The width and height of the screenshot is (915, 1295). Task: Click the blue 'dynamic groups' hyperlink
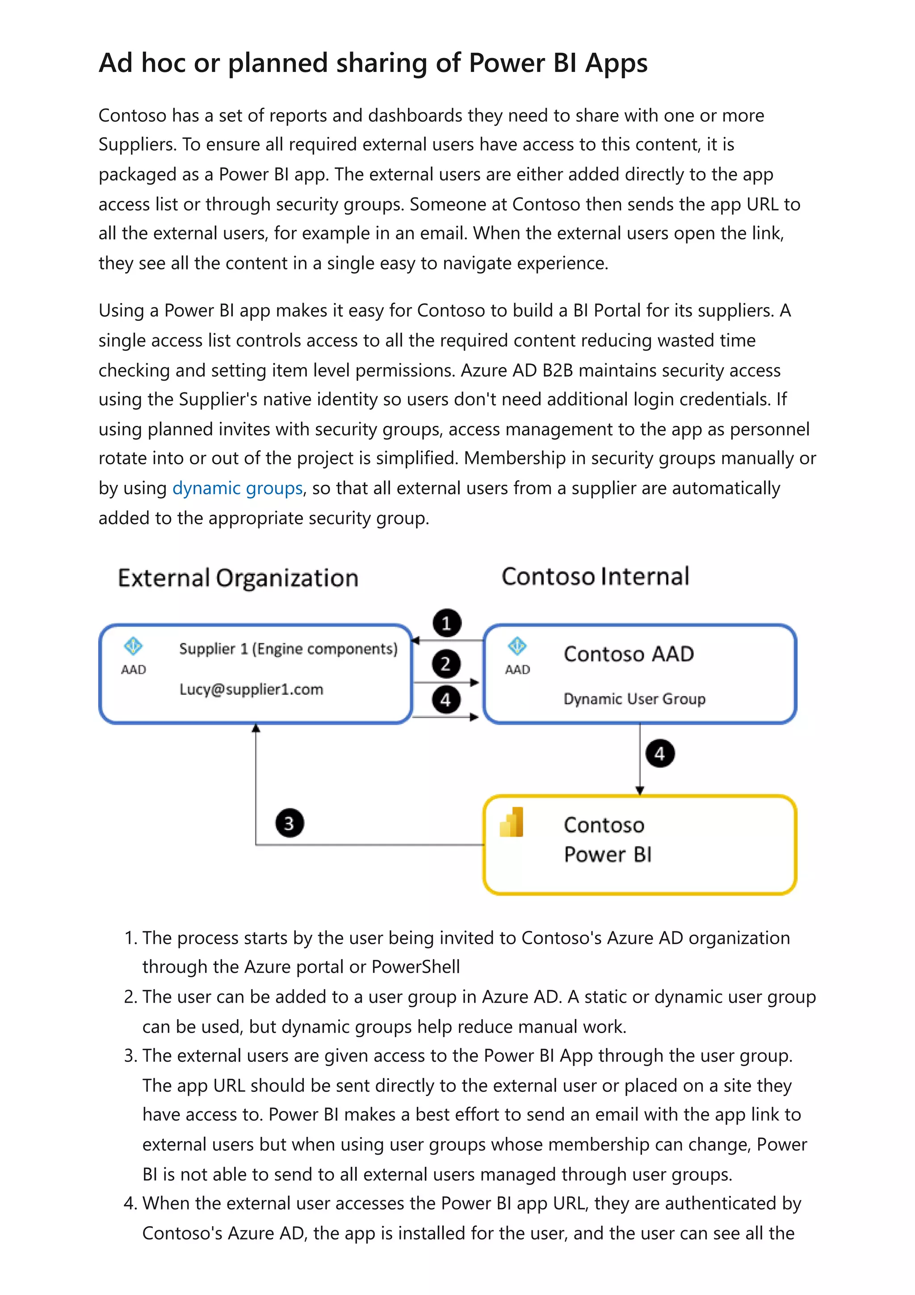237,488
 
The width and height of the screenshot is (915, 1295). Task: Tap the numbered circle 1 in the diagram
446,623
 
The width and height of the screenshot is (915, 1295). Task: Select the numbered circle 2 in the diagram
446,664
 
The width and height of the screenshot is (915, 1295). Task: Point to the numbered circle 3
289,824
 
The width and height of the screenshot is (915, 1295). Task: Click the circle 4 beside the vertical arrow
659,753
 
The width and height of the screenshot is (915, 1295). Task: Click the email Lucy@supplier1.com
251,689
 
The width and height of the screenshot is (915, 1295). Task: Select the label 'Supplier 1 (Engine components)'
288,649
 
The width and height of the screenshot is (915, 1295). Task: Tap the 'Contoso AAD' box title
629,654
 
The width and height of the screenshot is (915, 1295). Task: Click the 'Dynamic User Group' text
634,699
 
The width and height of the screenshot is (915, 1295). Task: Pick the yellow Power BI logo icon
512,822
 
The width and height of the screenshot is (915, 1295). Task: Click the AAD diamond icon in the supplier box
133,646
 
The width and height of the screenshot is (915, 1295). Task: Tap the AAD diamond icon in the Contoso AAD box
517,646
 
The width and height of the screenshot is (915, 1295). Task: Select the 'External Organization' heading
238,578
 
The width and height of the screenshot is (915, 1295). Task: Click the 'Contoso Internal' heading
596,576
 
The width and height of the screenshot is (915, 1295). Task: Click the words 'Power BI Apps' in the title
558,63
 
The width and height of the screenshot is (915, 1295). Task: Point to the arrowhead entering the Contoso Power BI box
639,791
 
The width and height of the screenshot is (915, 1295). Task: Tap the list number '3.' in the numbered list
131,1056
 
